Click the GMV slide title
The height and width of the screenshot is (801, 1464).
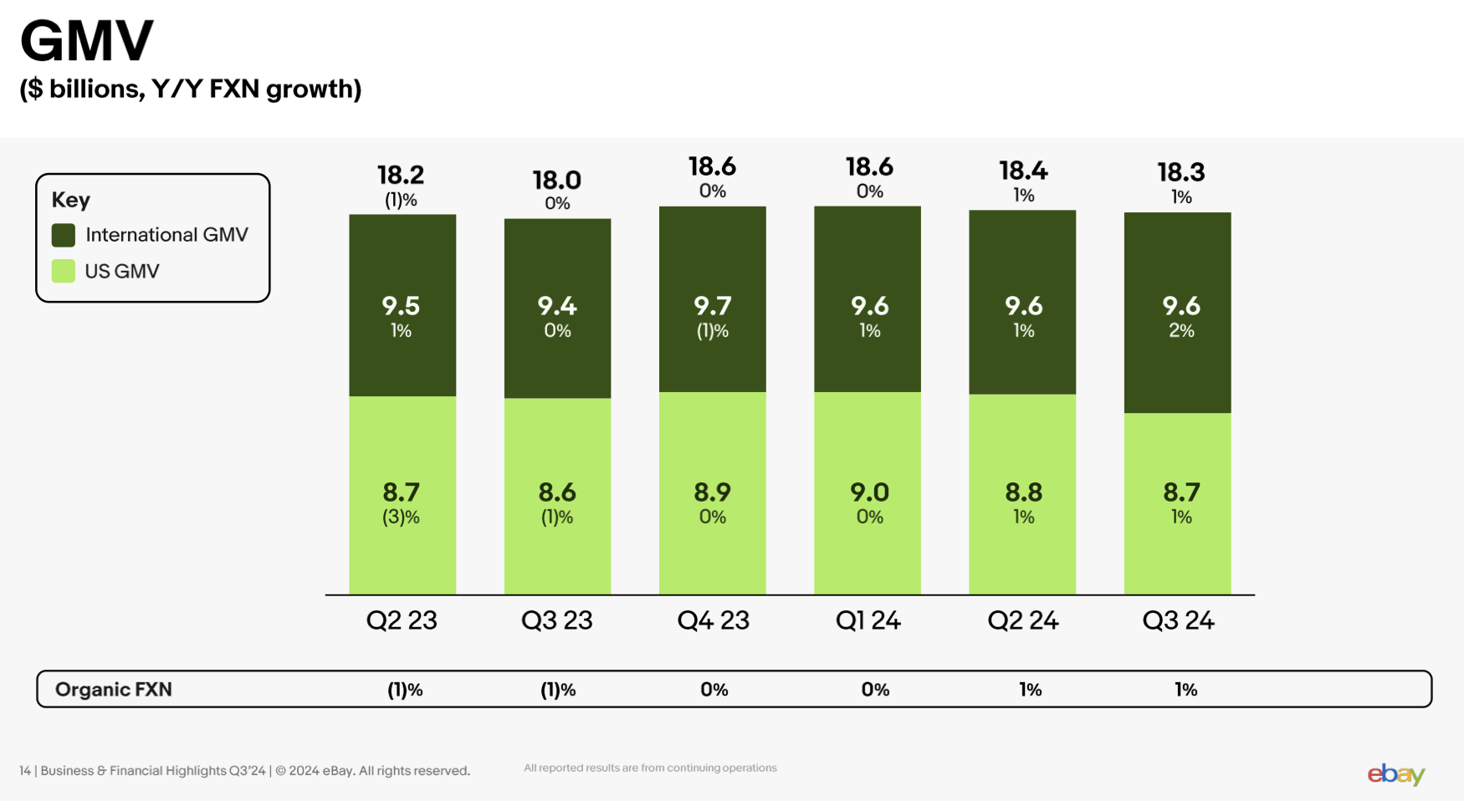click(x=87, y=40)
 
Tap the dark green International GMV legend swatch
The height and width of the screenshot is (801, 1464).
click(x=64, y=235)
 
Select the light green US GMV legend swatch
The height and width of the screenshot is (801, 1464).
click(x=64, y=271)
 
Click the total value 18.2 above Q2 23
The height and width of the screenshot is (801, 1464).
click(x=401, y=175)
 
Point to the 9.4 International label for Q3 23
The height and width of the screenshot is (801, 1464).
click(x=557, y=306)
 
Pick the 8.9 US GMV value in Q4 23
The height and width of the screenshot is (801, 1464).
click(x=712, y=492)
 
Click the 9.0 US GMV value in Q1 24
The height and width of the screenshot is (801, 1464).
click(x=869, y=492)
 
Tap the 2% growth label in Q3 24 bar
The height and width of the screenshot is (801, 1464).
click(x=1181, y=331)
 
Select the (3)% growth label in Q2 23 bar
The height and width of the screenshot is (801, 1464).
click(x=401, y=518)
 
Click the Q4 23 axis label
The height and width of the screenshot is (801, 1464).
click(x=713, y=620)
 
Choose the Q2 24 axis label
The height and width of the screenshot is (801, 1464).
click(x=1022, y=620)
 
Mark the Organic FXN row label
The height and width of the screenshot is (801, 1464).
click(x=114, y=689)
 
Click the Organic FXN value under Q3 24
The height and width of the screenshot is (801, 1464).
click(x=1185, y=690)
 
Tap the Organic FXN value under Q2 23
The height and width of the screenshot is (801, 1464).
click(x=405, y=690)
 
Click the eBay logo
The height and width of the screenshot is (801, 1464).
click(x=1395, y=774)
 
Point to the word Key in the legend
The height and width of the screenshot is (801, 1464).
click(x=71, y=200)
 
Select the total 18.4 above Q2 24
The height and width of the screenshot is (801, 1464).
click(x=1023, y=171)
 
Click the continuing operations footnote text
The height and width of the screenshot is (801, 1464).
click(x=650, y=768)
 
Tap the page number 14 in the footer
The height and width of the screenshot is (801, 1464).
click(x=25, y=771)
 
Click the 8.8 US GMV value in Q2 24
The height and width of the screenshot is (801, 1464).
click(x=1023, y=492)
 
